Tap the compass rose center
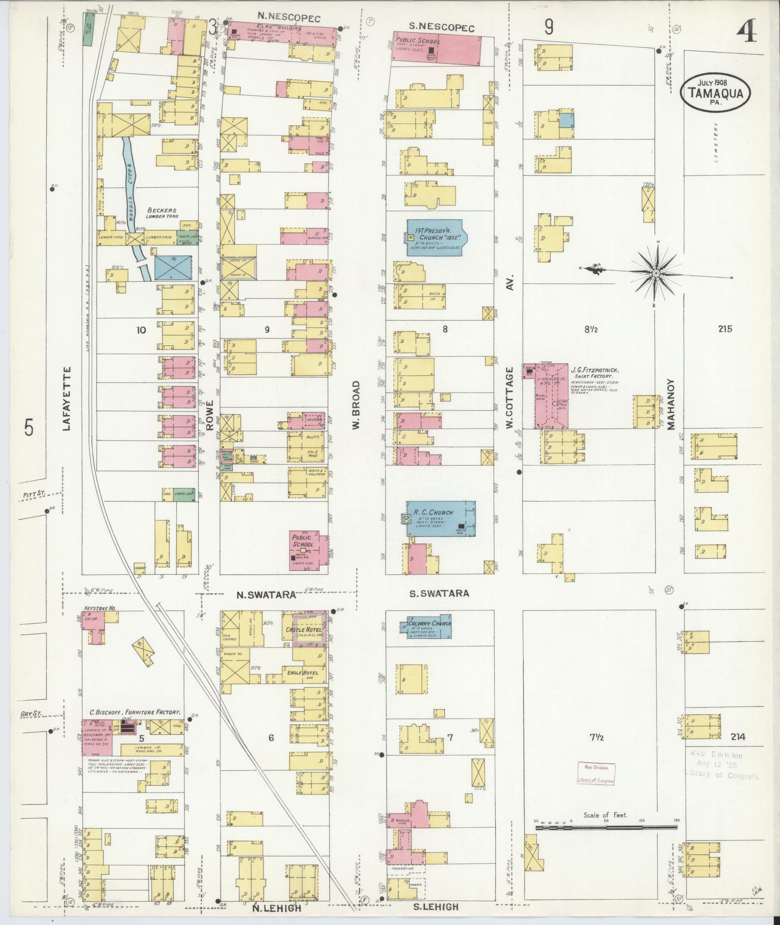coord(655,274)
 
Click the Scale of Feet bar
coord(606,828)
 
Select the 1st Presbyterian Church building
coord(435,237)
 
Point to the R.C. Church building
coord(441,519)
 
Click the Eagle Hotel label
coord(302,673)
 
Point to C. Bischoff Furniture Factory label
coord(135,712)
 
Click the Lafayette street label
coord(67,397)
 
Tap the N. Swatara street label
coord(265,595)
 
